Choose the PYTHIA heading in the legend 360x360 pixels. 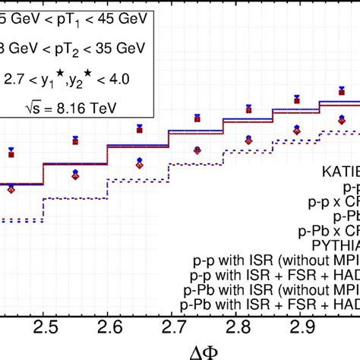click(333, 245)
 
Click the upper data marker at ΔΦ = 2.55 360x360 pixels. click(74, 140)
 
